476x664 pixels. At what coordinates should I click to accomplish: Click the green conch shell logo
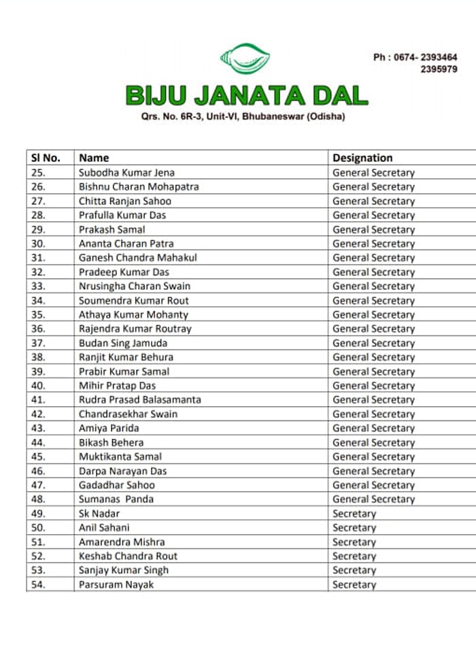(x=245, y=59)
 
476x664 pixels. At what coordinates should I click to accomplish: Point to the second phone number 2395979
(x=439, y=69)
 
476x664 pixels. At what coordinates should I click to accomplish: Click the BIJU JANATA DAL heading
(x=246, y=95)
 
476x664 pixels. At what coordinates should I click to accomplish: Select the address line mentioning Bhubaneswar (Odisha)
(x=243, y=117)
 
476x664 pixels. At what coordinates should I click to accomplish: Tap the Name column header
(x=94, y=158)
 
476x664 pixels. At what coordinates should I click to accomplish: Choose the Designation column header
(x=362, y=158)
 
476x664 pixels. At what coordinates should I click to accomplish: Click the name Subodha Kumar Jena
(x=126, y=173)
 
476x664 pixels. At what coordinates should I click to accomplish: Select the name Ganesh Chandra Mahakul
(x=138, y=258)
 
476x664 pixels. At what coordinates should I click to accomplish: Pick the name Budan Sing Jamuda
(x=123, y=343)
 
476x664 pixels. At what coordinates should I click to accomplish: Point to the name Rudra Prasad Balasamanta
(x=140, y=399)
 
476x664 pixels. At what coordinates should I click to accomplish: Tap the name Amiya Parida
(x=109, y=428)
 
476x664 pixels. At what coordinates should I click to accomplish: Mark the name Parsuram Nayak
(x=116, y=584)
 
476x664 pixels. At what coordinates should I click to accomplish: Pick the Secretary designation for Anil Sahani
(x=354, y=527)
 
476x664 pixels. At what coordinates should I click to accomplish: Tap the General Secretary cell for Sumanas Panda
(x=373, y=499)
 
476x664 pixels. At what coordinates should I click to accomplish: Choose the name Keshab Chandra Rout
(x=128, y=556)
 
